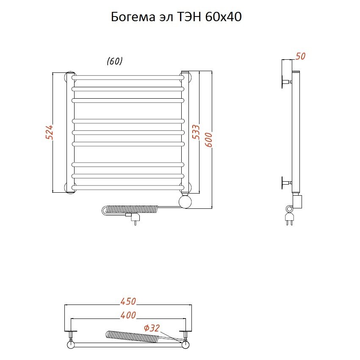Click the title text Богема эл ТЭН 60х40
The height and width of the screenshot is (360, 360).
point(176,17)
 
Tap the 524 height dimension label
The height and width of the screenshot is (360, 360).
point(50,132)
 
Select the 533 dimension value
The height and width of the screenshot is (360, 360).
point(196,132)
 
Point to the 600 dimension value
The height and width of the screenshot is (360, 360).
point(209,140)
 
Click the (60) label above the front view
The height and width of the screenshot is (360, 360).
point(115,61)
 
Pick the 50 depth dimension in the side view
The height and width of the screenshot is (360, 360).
point(300,56)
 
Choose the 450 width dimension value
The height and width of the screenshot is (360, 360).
point(128,301)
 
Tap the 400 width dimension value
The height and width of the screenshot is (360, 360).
point(128,315)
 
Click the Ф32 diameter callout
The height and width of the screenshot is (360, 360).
point(152,328)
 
